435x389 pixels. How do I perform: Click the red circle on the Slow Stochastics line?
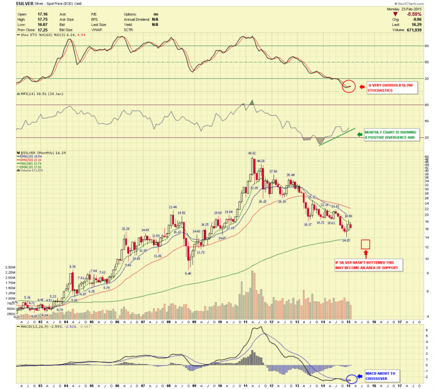[349, 87]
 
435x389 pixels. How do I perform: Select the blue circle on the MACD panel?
[352, 379]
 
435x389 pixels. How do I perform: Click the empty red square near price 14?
[365, 245]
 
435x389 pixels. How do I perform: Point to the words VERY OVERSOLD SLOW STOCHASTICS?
[390, 87]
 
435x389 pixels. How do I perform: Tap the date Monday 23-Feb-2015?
[409, 9]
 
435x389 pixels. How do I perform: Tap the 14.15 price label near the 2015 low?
[345, 240]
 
